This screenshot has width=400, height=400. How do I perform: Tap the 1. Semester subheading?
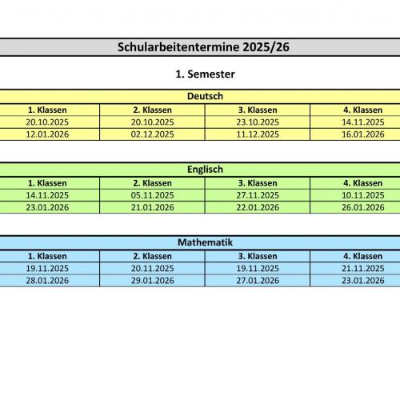205,74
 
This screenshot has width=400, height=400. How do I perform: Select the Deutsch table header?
205,97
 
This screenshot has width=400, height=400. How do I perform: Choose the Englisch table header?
205,170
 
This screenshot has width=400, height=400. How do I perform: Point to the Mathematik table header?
205,242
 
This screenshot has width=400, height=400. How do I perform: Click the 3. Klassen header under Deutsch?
258,110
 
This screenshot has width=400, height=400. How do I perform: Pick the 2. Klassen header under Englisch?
153,183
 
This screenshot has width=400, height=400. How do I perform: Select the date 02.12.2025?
153,134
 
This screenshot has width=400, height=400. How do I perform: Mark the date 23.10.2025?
258,122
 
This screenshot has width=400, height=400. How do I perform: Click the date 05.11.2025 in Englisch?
153,195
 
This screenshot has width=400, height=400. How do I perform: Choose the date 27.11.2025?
258,195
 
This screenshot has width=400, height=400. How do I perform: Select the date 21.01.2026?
153,207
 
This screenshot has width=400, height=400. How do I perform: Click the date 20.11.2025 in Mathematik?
153,269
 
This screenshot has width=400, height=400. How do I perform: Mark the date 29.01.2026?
153,281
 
